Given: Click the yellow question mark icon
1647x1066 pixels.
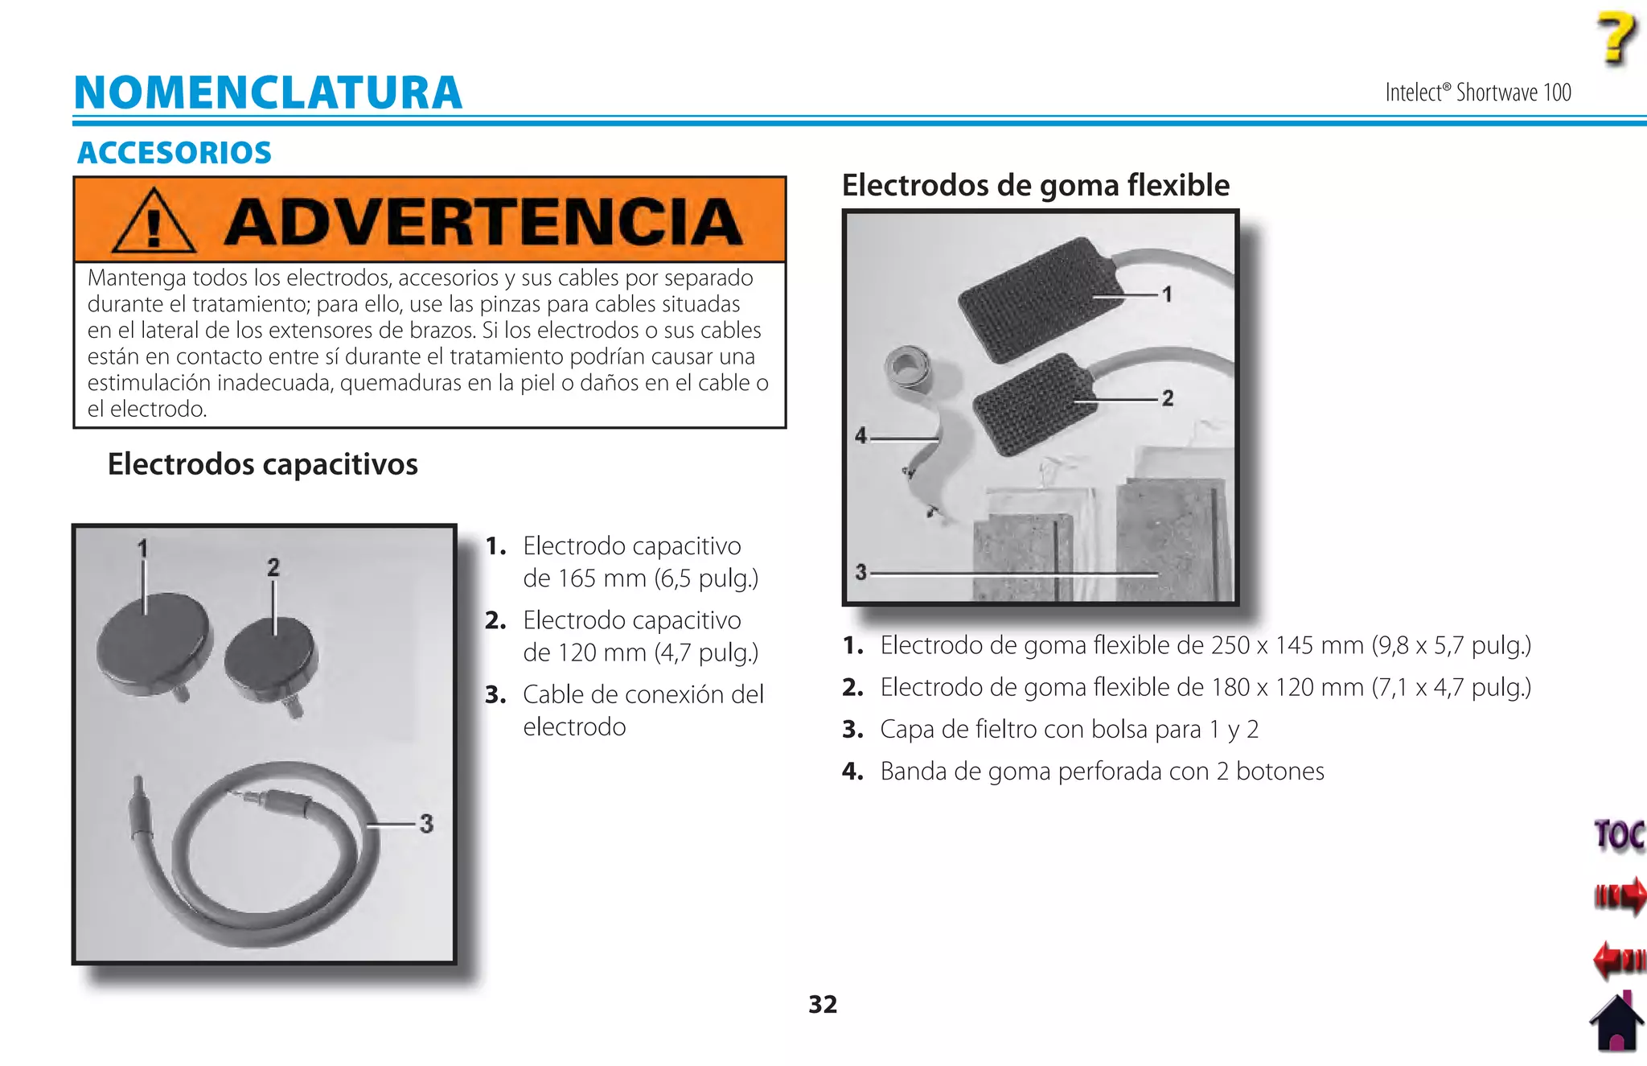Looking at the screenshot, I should click(x=1616, y=38).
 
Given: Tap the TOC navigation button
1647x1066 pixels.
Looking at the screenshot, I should click(x=1619, y=835).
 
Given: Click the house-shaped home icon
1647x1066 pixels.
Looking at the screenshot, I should click(x=1616, y=1023).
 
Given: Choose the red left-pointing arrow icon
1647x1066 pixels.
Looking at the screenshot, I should click(x=1618, y=959).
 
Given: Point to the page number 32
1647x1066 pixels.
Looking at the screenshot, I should click(x=823, y=1004).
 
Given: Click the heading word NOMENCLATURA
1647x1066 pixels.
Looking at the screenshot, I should click(x=268, y=93).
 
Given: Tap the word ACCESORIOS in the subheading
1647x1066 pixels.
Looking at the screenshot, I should click(x=175, y=153).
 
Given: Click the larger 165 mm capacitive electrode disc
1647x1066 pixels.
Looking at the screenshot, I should click(x=153, y=644).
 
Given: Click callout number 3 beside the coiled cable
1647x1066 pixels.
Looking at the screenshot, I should click(x=426, y=824).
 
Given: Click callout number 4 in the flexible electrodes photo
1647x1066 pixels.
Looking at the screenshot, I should click(x=861, y=436).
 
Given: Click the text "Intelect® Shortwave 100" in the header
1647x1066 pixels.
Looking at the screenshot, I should click(x=1477, y=93).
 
